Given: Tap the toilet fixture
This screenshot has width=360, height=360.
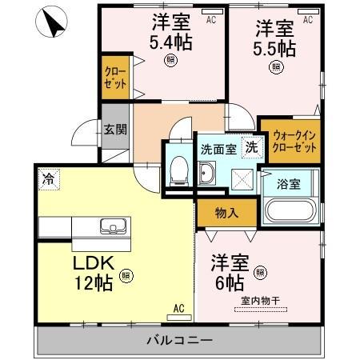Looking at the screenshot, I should tap(178, 170).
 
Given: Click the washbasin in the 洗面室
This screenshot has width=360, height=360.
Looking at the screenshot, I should tap(207, 173).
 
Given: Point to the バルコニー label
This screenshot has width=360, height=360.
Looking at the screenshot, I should tap(179, 341).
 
